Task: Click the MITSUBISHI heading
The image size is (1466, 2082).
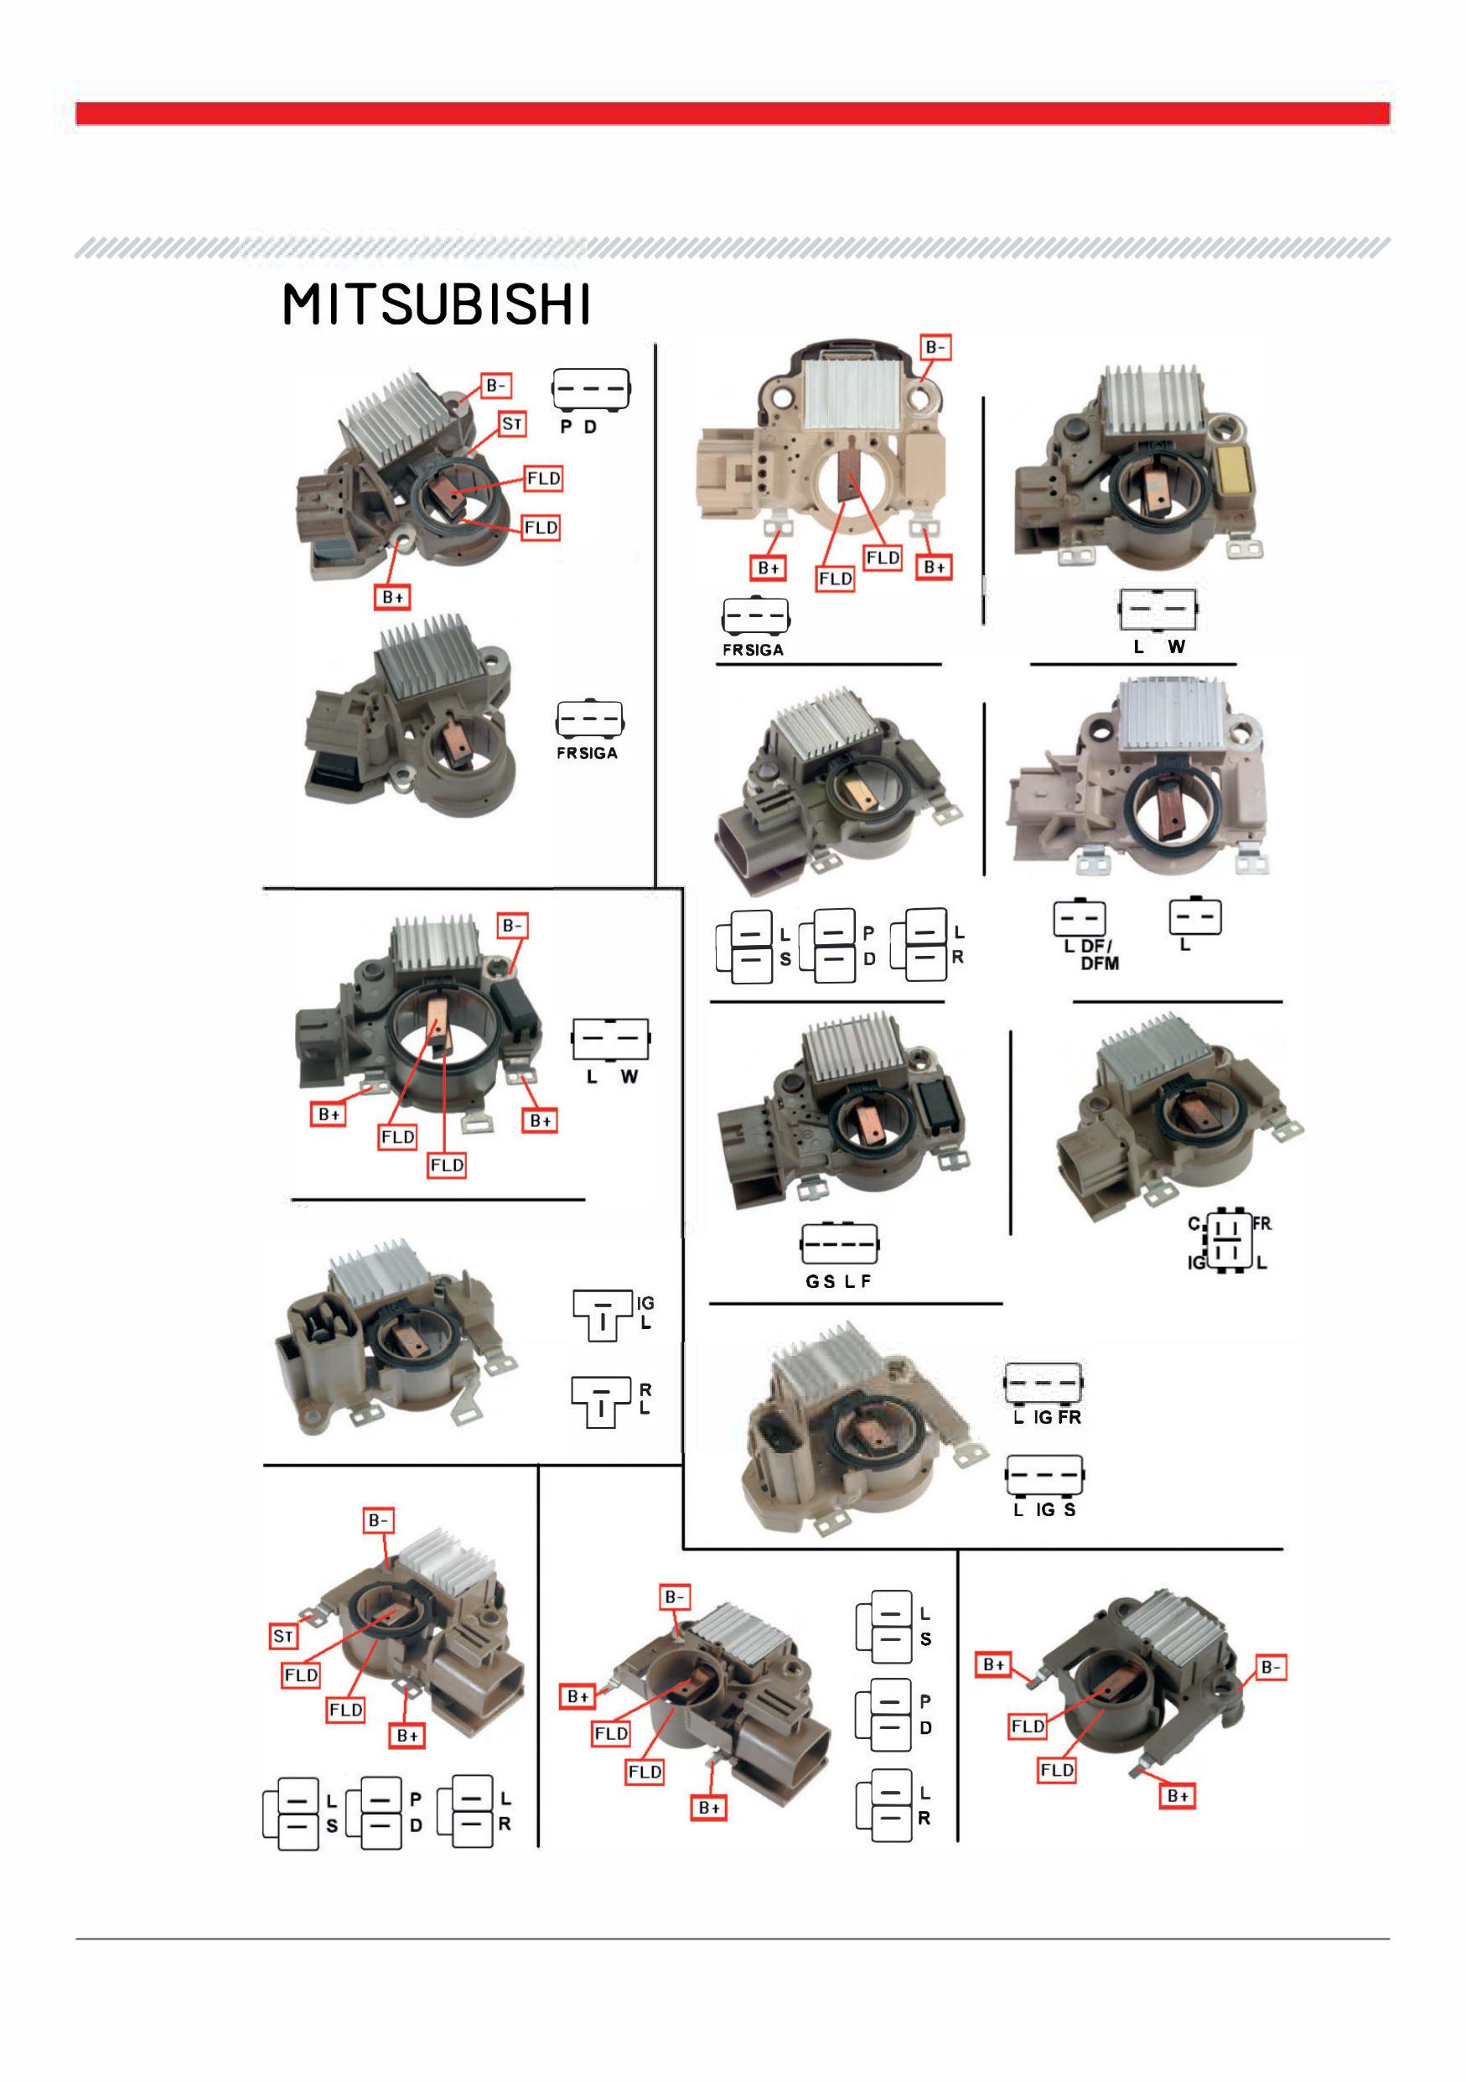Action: [x=437, y=304]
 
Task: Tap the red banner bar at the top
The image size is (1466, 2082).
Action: [x=733, y=113]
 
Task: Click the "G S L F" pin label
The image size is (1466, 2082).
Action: [x=839, y=1281]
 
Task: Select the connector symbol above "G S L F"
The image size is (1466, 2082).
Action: [x=840, y=1244]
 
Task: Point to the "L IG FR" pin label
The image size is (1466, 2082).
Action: [x=1047, y=1417]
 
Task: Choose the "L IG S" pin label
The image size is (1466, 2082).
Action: [x=1044, y=1510]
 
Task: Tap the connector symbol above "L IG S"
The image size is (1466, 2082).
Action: [x=1044, y=1477]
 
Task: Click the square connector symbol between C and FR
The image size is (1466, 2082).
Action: [x=1230, y=1240]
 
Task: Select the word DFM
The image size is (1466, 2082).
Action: [x=1100, y=963]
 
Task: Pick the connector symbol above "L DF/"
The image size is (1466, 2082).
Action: [x=1079, y=916]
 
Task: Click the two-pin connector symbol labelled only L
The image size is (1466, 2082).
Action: [x=1195, y=916]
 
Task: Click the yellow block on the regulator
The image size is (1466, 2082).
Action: [x=1234, y=469]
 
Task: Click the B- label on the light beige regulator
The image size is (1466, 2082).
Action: [x=935, y=347]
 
